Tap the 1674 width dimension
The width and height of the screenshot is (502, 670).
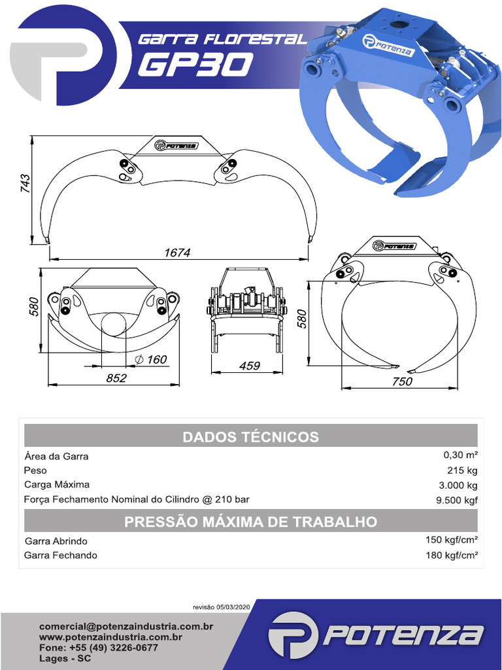tap(176, 252)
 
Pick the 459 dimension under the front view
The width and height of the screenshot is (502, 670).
tap(250, 366)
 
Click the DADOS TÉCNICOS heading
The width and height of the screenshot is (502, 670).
tap(250, 436)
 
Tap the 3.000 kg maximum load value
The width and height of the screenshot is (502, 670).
tap(458, 485)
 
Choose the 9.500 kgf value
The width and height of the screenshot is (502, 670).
tap(458, 501)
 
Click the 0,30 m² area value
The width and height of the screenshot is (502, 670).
tap(460, 455)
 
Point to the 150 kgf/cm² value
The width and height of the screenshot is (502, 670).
tap(452, 540)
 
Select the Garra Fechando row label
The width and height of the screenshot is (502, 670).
tap(61, 555)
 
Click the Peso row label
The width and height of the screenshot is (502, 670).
tap(35, 470)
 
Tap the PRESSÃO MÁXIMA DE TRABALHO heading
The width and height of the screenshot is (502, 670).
tap(250, 521)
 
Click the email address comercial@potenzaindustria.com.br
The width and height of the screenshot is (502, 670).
tap(126, 626)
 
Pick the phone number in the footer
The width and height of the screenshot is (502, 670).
tap(98, 648)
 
